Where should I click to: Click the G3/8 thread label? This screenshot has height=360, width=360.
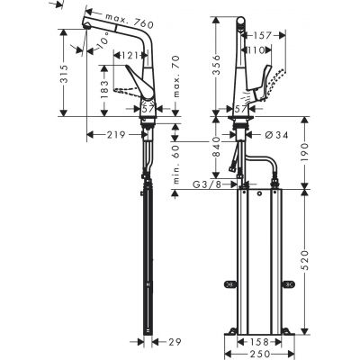[206, 186]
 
